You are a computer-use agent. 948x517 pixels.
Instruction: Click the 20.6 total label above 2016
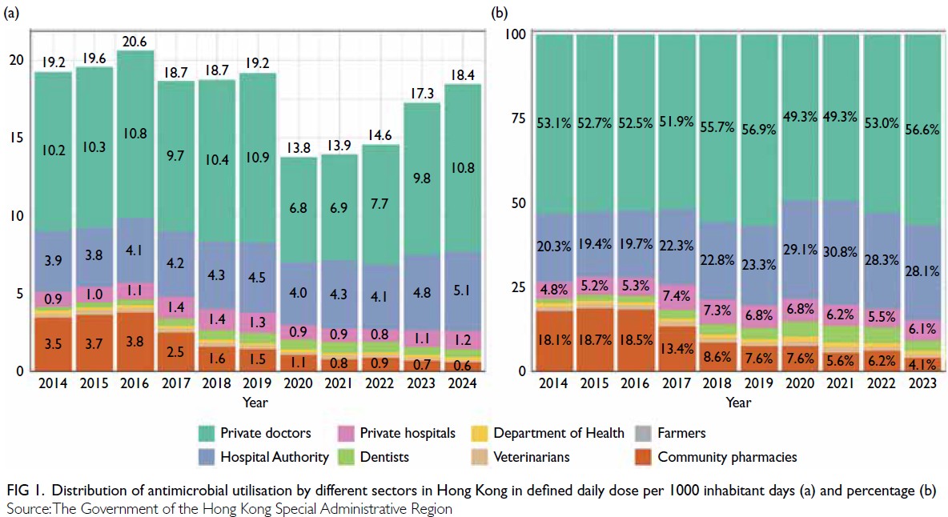135,42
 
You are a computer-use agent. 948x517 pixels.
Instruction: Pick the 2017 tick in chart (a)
175,383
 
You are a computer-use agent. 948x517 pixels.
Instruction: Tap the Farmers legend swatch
644,434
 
